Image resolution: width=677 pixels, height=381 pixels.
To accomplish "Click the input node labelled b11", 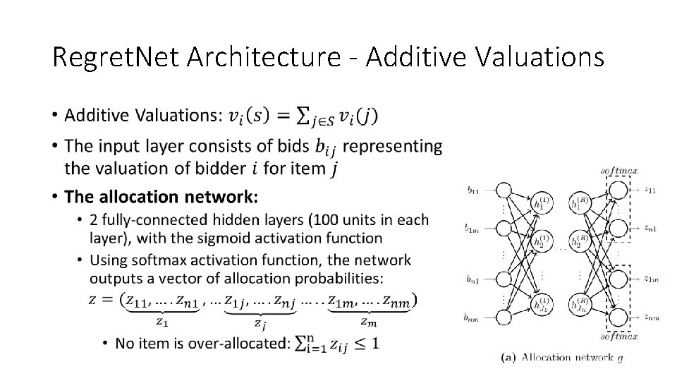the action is point(504,190).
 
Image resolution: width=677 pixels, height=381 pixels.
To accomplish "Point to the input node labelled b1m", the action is point(504,229).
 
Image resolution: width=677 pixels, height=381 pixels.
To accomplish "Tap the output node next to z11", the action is point(618,190).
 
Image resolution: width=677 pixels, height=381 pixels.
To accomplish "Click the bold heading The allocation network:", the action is point(161,195).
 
